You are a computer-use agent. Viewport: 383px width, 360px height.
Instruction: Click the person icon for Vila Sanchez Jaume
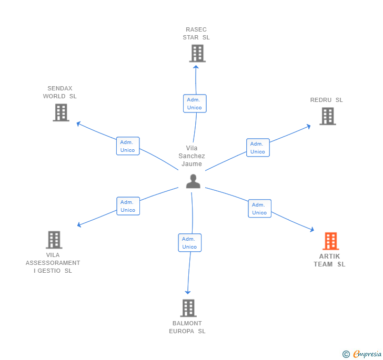pos(193,181)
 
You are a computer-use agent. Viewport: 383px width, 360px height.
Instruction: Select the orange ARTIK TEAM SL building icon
pos(330,241)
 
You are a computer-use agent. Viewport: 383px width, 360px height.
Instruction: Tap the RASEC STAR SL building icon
pos(197,53)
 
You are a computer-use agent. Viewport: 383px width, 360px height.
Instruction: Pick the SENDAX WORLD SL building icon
pos(61,112)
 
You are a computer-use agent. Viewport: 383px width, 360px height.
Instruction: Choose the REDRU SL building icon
pos(327,116)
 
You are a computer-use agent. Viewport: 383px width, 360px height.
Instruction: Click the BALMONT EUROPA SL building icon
pos(188,308)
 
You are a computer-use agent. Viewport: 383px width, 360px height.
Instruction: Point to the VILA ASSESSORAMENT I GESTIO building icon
pos(54,240)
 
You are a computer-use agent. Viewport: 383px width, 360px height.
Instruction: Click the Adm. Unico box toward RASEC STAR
pos(195,104)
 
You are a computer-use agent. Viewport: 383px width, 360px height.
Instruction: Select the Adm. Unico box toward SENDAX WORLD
pos(127,146)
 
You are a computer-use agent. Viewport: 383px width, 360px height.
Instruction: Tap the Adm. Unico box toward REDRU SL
pos(258,148)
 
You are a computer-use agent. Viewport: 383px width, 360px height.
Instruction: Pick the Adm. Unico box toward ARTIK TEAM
pos(259,209)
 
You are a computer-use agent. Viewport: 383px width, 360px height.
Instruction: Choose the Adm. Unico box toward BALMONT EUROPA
pos(189,243)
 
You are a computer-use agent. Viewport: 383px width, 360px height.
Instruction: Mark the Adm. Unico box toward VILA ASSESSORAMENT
pos(128,206)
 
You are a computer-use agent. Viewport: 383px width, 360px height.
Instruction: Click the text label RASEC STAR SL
pos(196,34)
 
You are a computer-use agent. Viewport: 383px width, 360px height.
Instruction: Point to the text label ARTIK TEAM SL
pos(330,260)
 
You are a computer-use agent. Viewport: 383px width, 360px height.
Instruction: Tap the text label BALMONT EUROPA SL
pos(187,327)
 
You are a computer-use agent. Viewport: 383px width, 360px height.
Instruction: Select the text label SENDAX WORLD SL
pos(60,92)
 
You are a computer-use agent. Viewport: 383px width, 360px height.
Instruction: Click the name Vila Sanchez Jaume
pos(191,156)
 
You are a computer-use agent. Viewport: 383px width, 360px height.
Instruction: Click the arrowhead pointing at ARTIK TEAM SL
pos(312,230)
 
